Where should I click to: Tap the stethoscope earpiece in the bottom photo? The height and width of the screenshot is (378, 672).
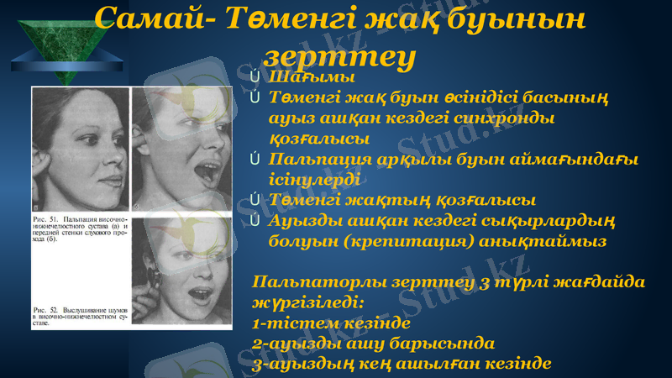point(156,276)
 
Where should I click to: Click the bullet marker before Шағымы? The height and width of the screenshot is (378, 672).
point(254,80)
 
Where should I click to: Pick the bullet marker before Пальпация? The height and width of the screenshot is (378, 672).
point(254,160)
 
